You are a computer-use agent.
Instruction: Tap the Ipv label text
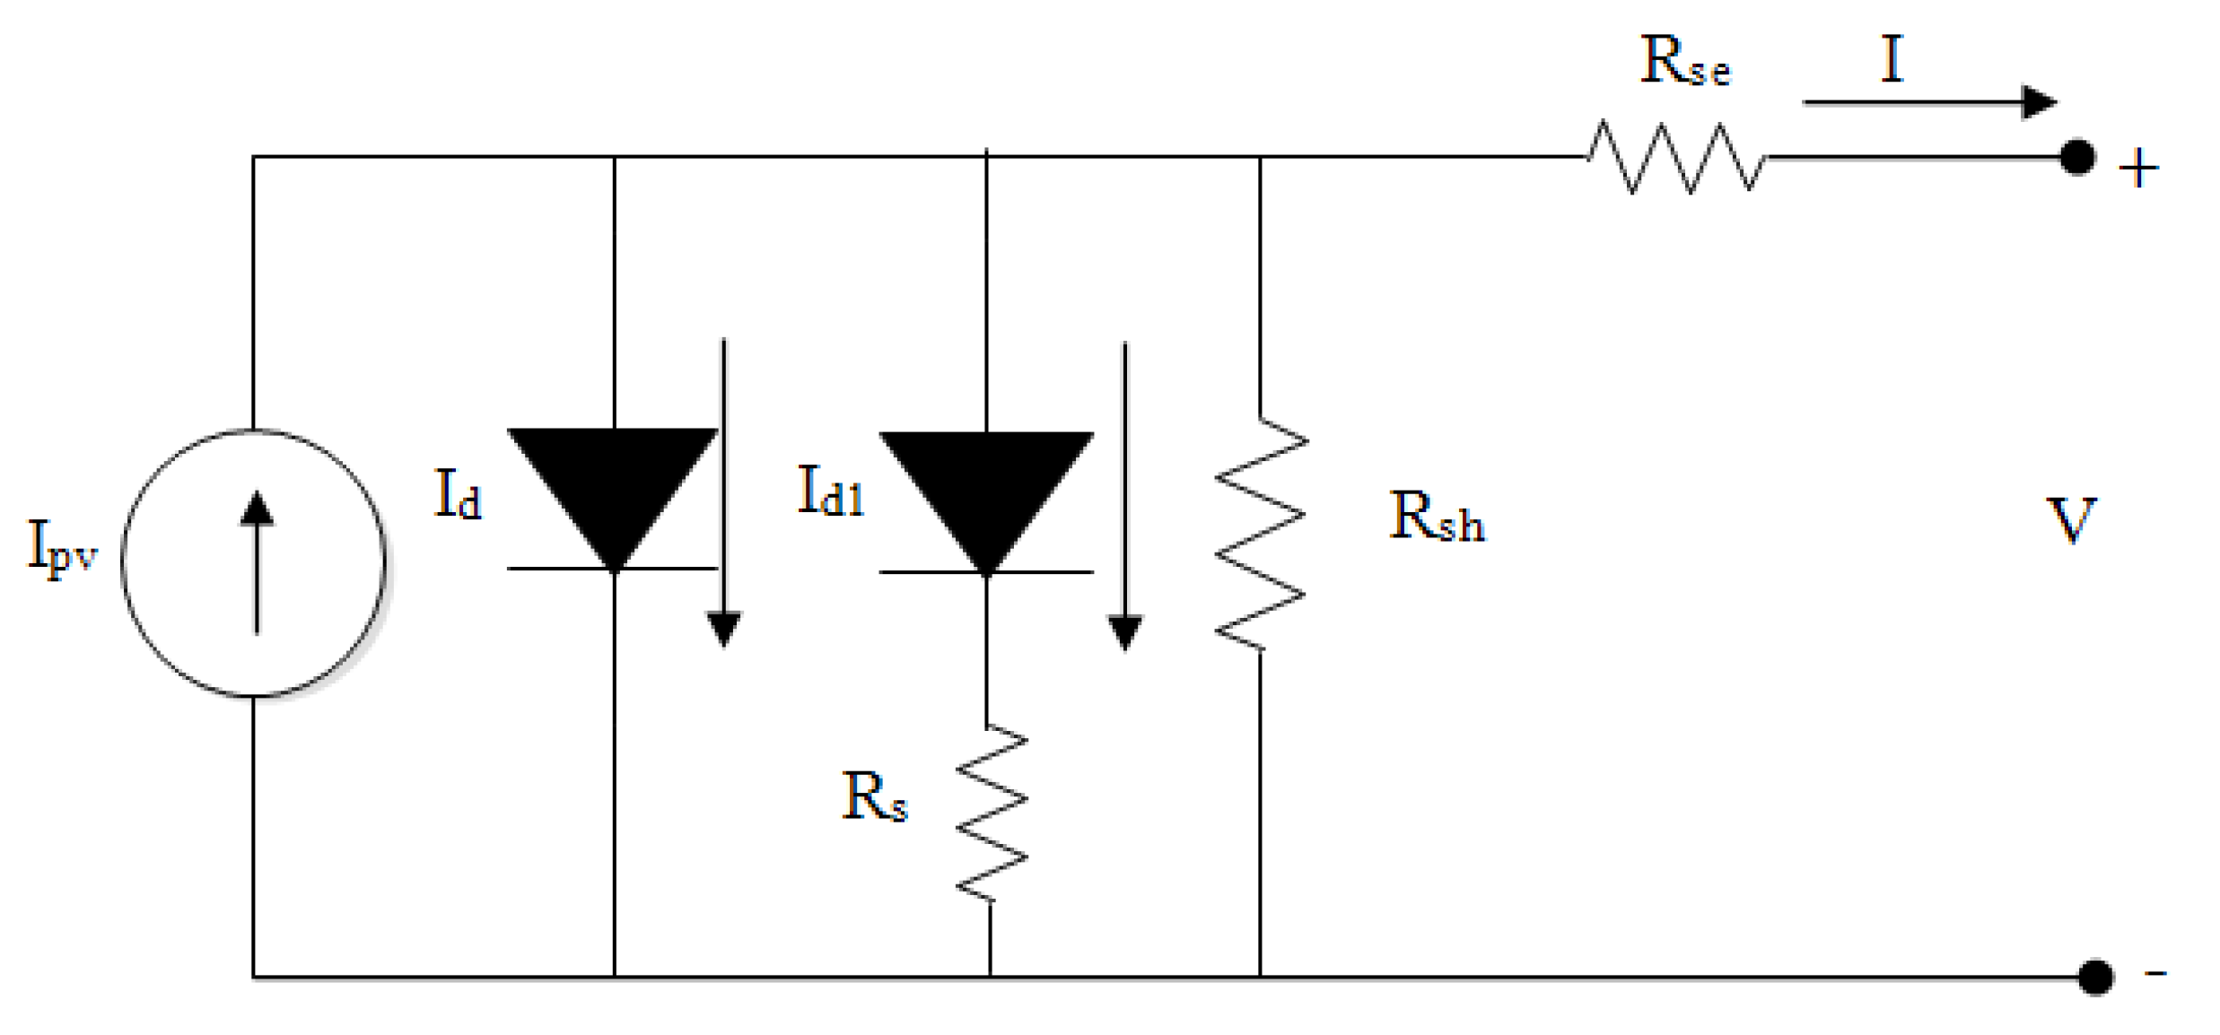61,547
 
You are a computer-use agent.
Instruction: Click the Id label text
458,496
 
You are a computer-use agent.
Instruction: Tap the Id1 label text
830,493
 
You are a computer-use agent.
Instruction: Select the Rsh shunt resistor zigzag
1260,535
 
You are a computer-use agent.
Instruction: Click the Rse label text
1684,63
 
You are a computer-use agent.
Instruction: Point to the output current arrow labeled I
1929,102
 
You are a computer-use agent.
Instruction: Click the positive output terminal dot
2077,158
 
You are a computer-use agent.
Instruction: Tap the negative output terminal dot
2095,977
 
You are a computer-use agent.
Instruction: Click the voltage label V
2070,520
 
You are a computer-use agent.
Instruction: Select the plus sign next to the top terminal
2138,169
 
